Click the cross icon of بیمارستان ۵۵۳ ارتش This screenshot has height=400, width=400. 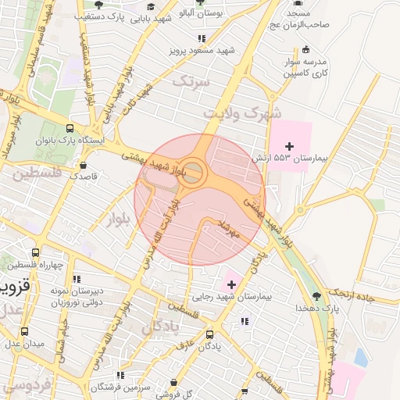click(x=290, y=146)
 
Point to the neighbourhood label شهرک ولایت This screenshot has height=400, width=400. click(x=242, y=114)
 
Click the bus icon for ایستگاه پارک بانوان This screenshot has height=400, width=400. click(x=70, y=129)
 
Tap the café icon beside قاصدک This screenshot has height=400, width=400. click(x=84, y=165)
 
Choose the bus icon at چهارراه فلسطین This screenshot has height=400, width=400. click(x=35, y=253)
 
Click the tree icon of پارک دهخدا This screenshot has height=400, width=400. click(x=316, y=295)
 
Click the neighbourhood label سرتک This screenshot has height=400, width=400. click(x=191, y=80)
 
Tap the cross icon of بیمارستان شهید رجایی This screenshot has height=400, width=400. click(x=231, y=284)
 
